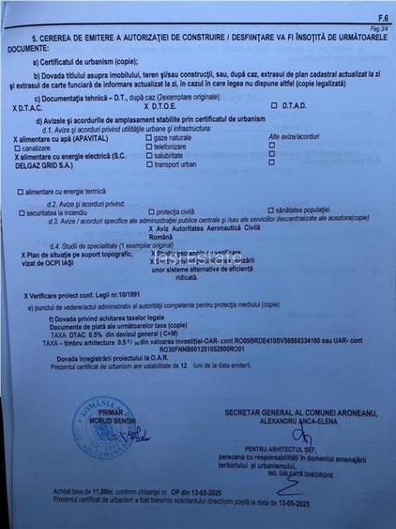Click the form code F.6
[382, 17]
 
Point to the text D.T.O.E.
[161, 106]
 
